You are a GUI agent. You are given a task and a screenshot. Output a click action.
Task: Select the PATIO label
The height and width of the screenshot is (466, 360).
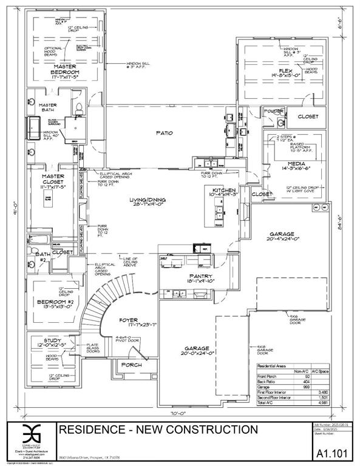163,133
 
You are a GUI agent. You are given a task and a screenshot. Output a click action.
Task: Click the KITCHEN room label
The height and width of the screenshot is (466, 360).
222,191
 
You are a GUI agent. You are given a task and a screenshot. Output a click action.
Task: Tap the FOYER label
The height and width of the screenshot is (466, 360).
128,320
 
